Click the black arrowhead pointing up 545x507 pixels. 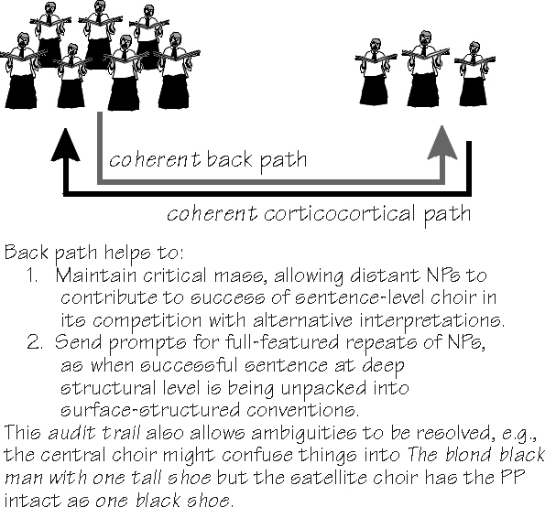[65, 146]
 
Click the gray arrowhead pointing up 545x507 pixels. [442, 143]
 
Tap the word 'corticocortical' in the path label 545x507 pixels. [339, 213]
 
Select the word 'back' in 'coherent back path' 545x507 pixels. [229, 159]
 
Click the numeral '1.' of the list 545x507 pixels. [33, 276]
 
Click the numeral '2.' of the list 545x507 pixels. [35, 342]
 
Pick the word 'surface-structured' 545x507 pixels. [150, 410]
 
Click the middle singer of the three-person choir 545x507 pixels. [425, 69]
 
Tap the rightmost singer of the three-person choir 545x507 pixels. [474, 74]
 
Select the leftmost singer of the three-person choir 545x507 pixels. [375, 72]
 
